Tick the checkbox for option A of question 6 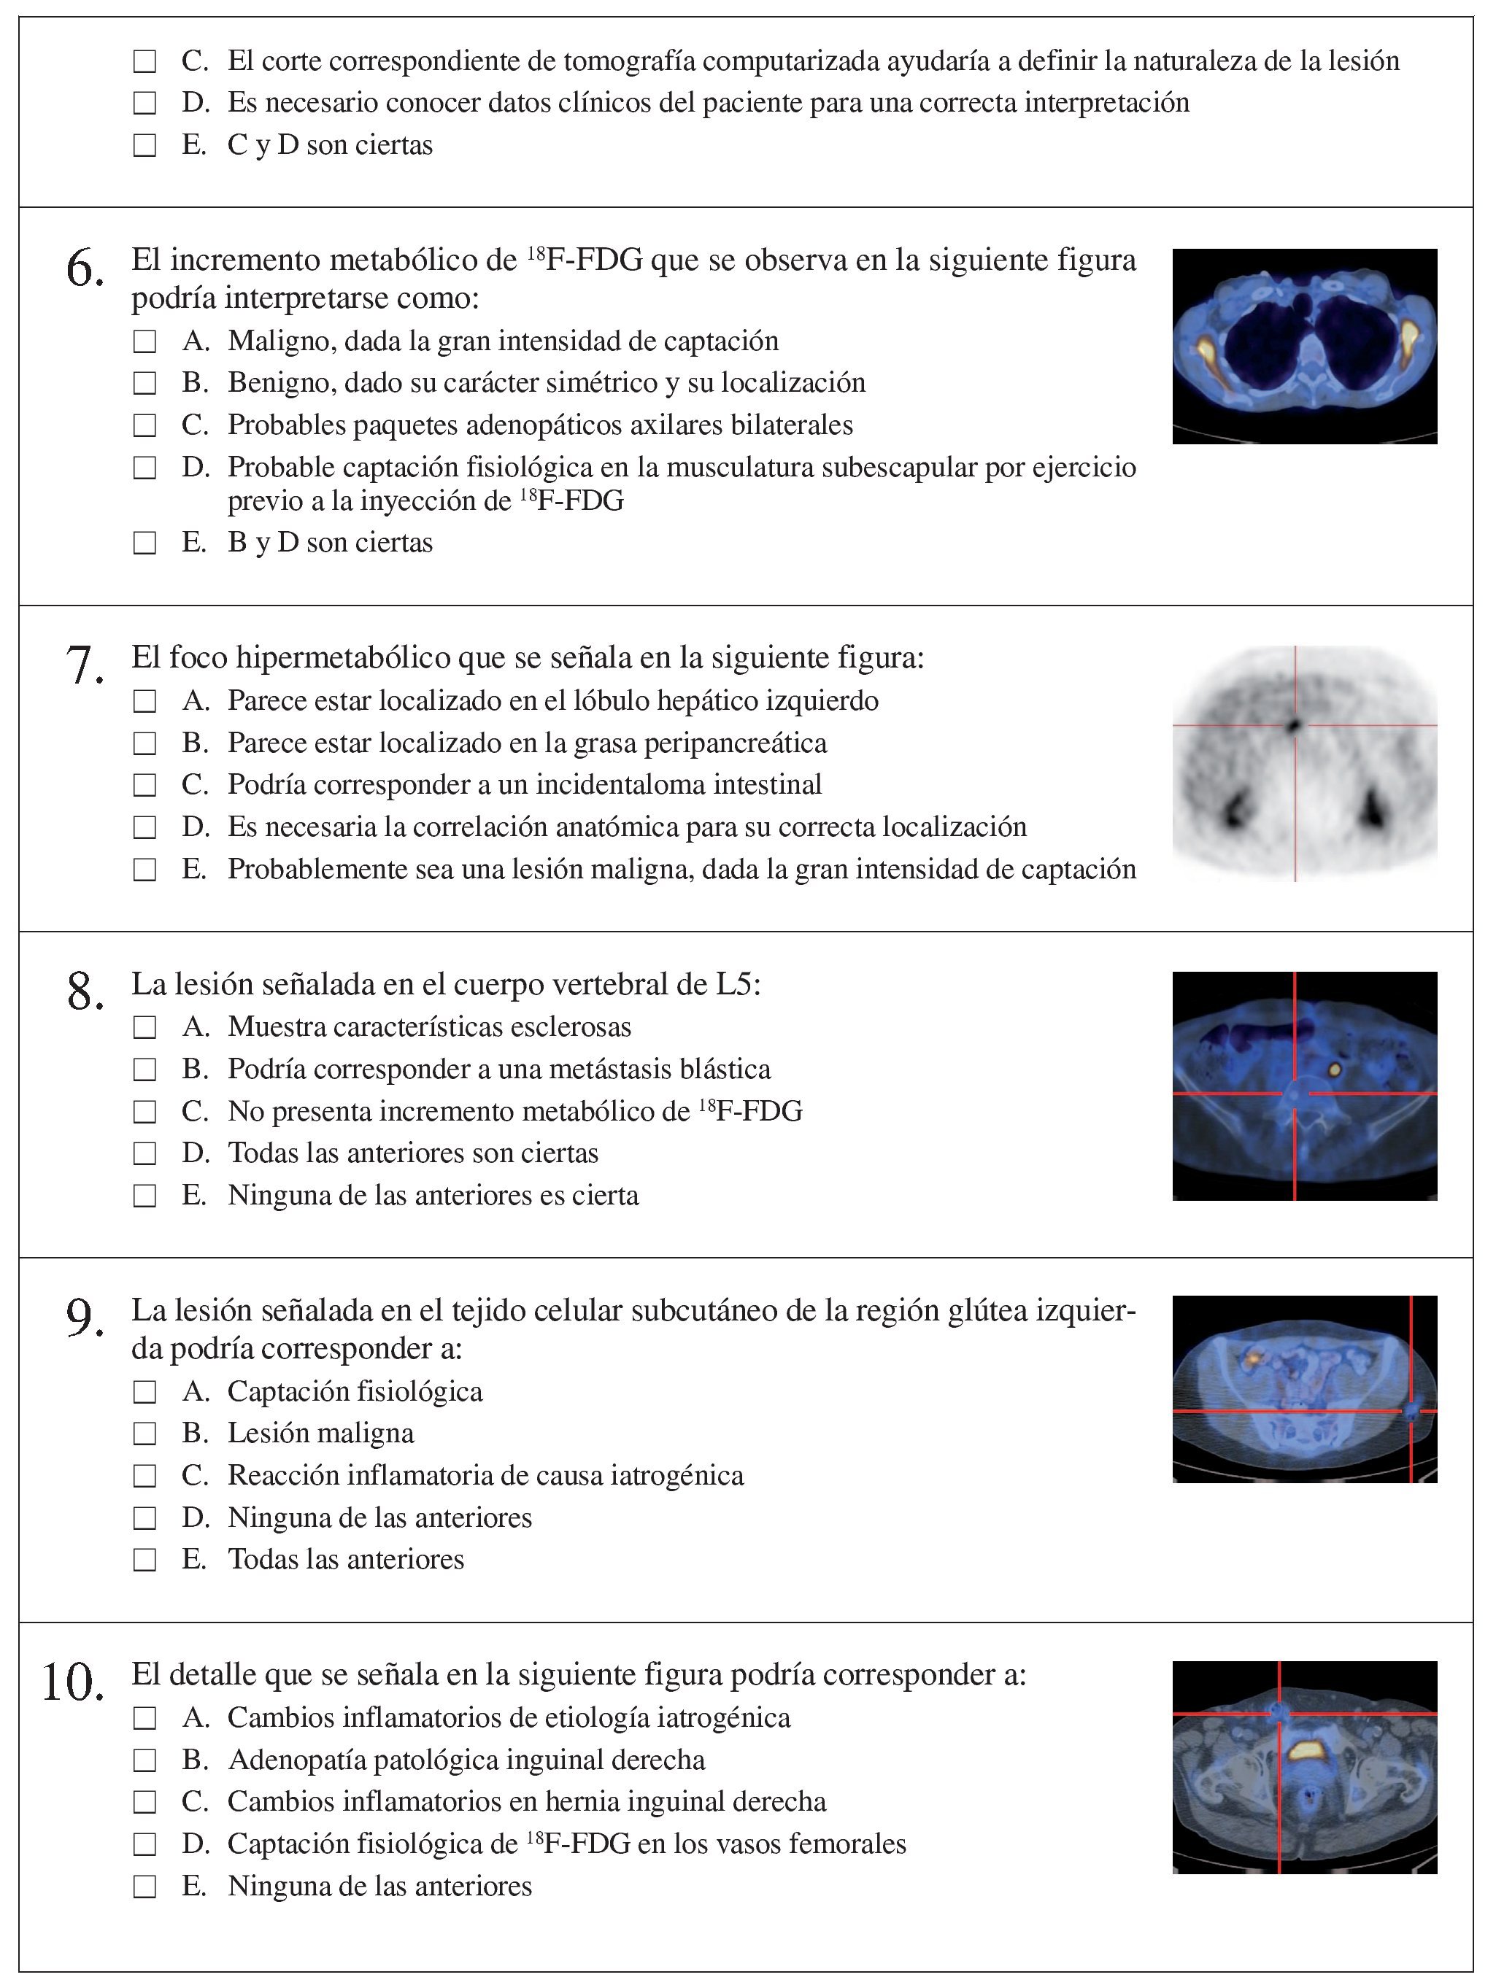(x=144, y=342)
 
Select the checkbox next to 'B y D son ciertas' (x=144, y=544)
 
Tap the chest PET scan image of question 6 (x=1303, y=346)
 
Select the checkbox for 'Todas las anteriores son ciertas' (x=144, y=1154)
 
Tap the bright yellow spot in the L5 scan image (x=1334, y=1070)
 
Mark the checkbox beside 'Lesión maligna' (x=144, y=1434)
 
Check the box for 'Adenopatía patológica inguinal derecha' (x=144, y=1760)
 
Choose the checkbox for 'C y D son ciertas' (x=144, y=146)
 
